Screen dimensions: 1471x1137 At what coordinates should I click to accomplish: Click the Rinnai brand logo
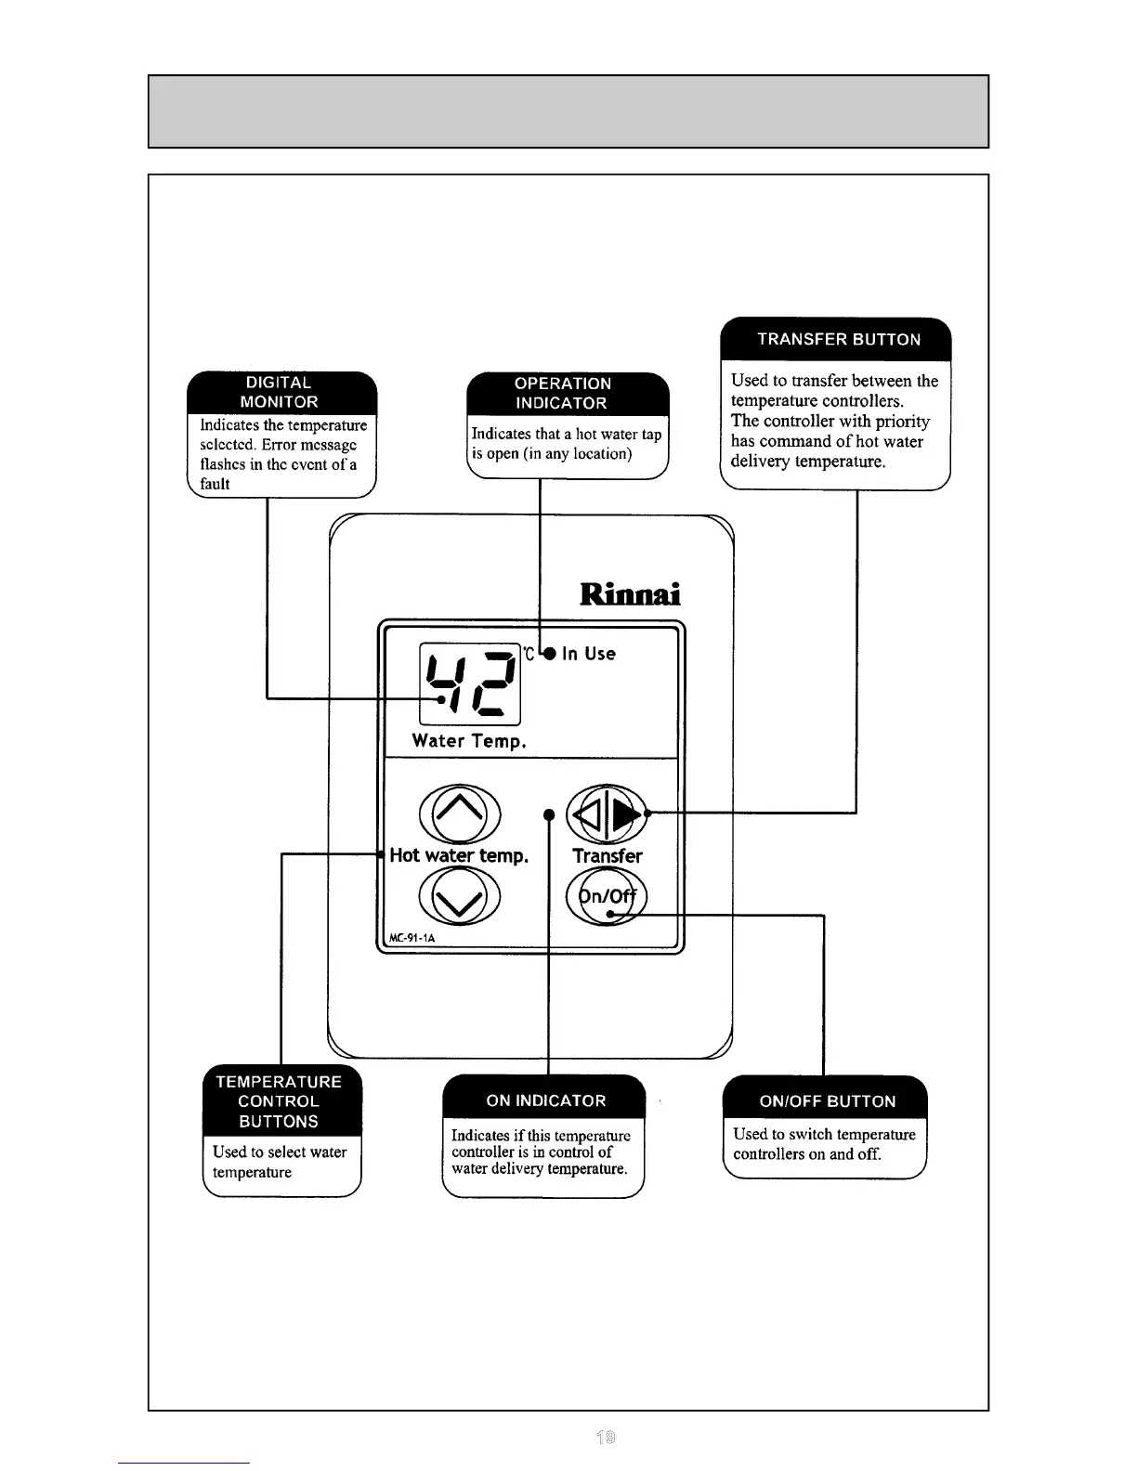click(x=630, y=594)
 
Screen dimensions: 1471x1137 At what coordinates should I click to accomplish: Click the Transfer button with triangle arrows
click(x=607, y=814)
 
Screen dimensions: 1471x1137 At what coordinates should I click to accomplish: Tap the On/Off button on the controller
click(x=607, y=897)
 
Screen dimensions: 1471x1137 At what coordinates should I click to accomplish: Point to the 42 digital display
click(x=470, y=683)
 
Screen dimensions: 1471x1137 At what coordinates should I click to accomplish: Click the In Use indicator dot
click(x=550, y=654)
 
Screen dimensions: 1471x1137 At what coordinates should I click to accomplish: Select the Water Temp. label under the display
click(x=469, y=741)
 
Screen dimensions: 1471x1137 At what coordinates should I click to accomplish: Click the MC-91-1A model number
click(x=412, y=938)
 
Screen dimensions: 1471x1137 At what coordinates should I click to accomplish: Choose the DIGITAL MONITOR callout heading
click(x=280, y=393)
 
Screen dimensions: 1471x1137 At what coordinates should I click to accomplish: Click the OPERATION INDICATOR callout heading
click(x=563, y=394)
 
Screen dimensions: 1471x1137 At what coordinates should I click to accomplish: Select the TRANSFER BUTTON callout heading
click(x=839, y=340)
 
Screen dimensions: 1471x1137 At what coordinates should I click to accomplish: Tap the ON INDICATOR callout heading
click(x=546, y=1101)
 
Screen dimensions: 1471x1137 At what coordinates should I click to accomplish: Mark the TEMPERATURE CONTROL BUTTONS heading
click(x=279, y=1102)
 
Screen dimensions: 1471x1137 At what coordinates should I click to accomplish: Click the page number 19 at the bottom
click(x=606, y=1438)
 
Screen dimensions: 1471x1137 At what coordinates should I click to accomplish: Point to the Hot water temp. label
click(x=459, y=856)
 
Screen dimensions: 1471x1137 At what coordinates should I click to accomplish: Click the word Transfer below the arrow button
click(x=608, y=856)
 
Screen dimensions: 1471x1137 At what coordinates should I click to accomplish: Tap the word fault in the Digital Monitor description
click(x=215, y=485)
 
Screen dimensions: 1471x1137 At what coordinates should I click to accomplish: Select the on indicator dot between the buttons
click(x=549, y=815)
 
